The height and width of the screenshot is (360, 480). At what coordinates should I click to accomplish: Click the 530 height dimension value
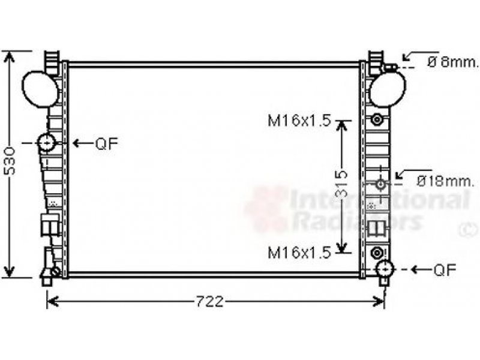(10, 161)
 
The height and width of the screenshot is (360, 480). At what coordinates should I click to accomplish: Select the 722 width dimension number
(209, 302)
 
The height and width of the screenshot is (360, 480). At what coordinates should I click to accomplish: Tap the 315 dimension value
(341, 184)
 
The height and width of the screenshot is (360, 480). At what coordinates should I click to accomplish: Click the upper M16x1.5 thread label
(299, 121)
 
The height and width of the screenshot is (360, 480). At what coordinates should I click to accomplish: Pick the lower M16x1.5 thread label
(299, 253)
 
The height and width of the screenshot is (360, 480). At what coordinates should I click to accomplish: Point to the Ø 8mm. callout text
(452, 62)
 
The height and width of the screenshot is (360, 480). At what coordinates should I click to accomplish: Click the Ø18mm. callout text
(445, 182)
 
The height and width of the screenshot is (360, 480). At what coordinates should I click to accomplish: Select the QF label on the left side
(107, 143)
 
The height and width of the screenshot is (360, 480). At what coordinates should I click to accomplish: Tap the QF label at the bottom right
(445, 269)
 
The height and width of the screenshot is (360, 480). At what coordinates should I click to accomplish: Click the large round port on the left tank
(40, 89)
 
